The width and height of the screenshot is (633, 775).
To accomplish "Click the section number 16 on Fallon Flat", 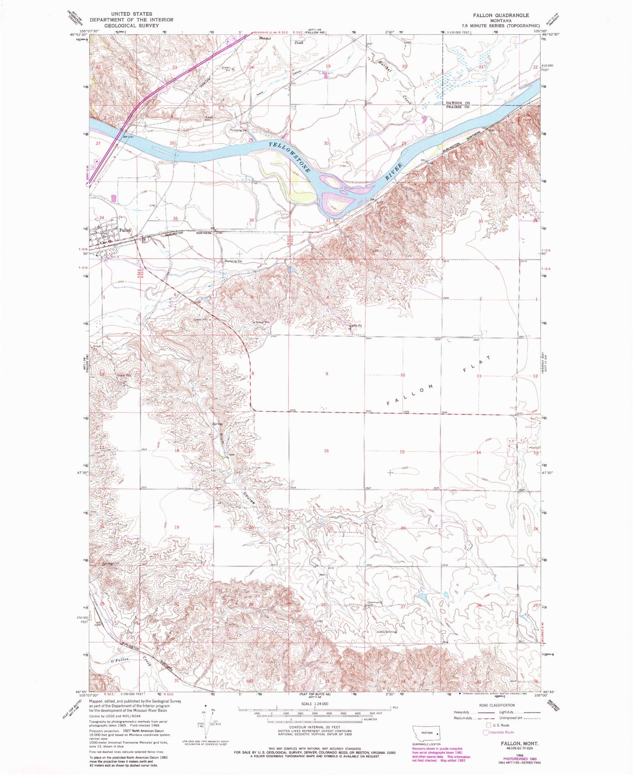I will [x=326, y=451].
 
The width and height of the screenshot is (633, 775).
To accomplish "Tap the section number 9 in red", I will [x=326, y=374].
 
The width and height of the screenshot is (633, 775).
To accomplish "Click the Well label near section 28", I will [x=323, y=575].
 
